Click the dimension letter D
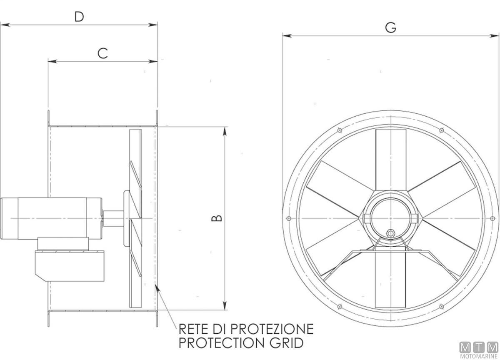click(x=79, y=17)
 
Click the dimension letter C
click(x=102, y=53)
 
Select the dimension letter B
click(x=217, y=218)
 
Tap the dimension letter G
click(x=391, y=27)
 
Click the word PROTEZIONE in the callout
click(x=272, y=329)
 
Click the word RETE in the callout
click(x=193, y=329)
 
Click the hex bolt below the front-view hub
click(x=390, y=233)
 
